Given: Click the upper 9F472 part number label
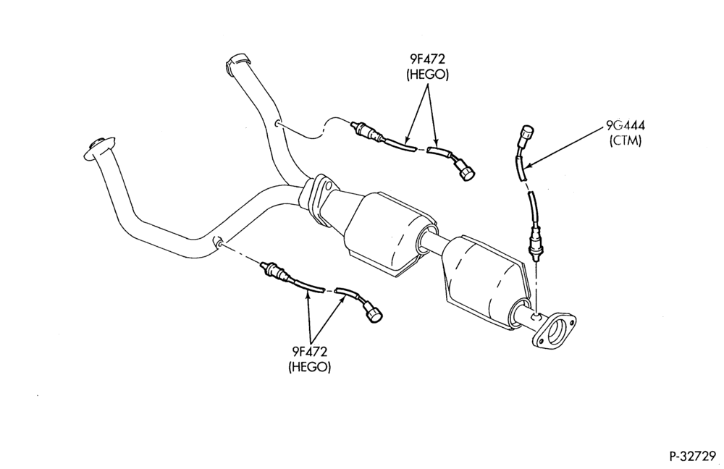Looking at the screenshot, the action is [x=427, y=59].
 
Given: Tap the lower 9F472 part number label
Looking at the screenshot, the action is [x=309, y=352].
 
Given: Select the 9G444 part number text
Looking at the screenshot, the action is [x=626, y=125].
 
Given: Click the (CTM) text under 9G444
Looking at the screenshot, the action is [x=626, y=141].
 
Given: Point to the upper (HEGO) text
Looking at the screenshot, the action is [x=427, y=75].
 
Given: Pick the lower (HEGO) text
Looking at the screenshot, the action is [x=309, y=368].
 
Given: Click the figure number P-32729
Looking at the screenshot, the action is [x=693, y=456].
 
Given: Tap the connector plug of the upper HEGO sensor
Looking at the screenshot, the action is [x=465, y=170].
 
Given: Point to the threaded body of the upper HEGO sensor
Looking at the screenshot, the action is [x=366, y=131].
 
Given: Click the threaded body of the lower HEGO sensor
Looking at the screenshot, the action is [x=275, y=271].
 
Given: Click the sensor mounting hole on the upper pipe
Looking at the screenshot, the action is [x=277, y=124].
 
